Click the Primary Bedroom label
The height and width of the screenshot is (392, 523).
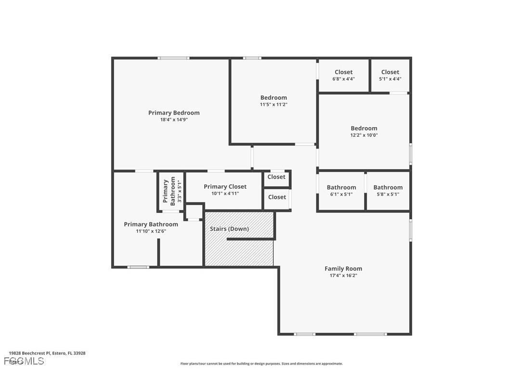pos(173,113)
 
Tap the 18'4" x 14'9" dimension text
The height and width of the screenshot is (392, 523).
pos(173,120)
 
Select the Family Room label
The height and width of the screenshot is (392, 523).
pos(343,269)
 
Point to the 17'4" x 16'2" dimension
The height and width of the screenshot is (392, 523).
pos(343,276)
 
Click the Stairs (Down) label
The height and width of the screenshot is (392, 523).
pos(229,229)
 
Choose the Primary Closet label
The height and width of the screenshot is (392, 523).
pos(225,187)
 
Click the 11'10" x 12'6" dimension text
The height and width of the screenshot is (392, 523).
pos(151,232)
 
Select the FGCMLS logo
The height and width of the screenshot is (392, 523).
pos(24,361)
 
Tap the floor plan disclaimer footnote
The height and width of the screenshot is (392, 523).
pos(261,364)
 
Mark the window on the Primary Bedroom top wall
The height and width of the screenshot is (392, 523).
pos(173,58)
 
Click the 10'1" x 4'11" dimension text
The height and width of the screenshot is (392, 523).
pos(225,194)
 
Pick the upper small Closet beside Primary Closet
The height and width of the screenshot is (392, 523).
pos(276,177)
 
